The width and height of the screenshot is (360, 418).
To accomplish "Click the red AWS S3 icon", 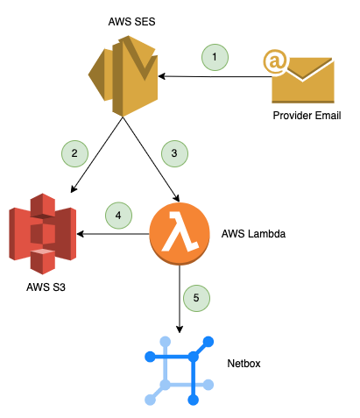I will tap(42, 234).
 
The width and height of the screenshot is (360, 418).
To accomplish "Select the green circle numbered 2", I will tap(75, 153).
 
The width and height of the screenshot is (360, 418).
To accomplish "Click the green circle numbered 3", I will tap(174, 153).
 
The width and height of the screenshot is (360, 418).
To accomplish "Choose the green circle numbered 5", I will tap(196, 298).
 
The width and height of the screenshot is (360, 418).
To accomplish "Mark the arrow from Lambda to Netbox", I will tap(180, 298).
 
